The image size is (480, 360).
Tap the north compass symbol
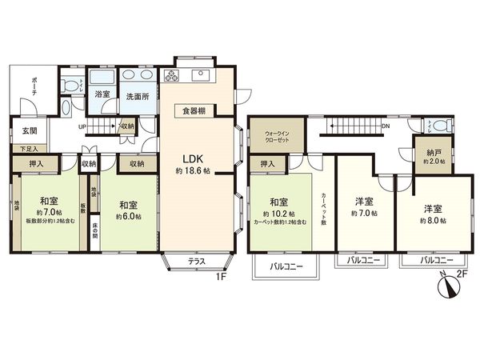tap(446, 286)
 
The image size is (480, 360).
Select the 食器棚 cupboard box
tap(193, 112)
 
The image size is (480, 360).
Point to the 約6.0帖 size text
tap(127, 216)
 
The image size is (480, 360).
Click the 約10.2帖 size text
tap(279, 215)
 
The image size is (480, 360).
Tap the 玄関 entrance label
tap(27, 132)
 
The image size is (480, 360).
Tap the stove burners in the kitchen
tap(172, 77)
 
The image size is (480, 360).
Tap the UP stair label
tap(82, 126)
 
